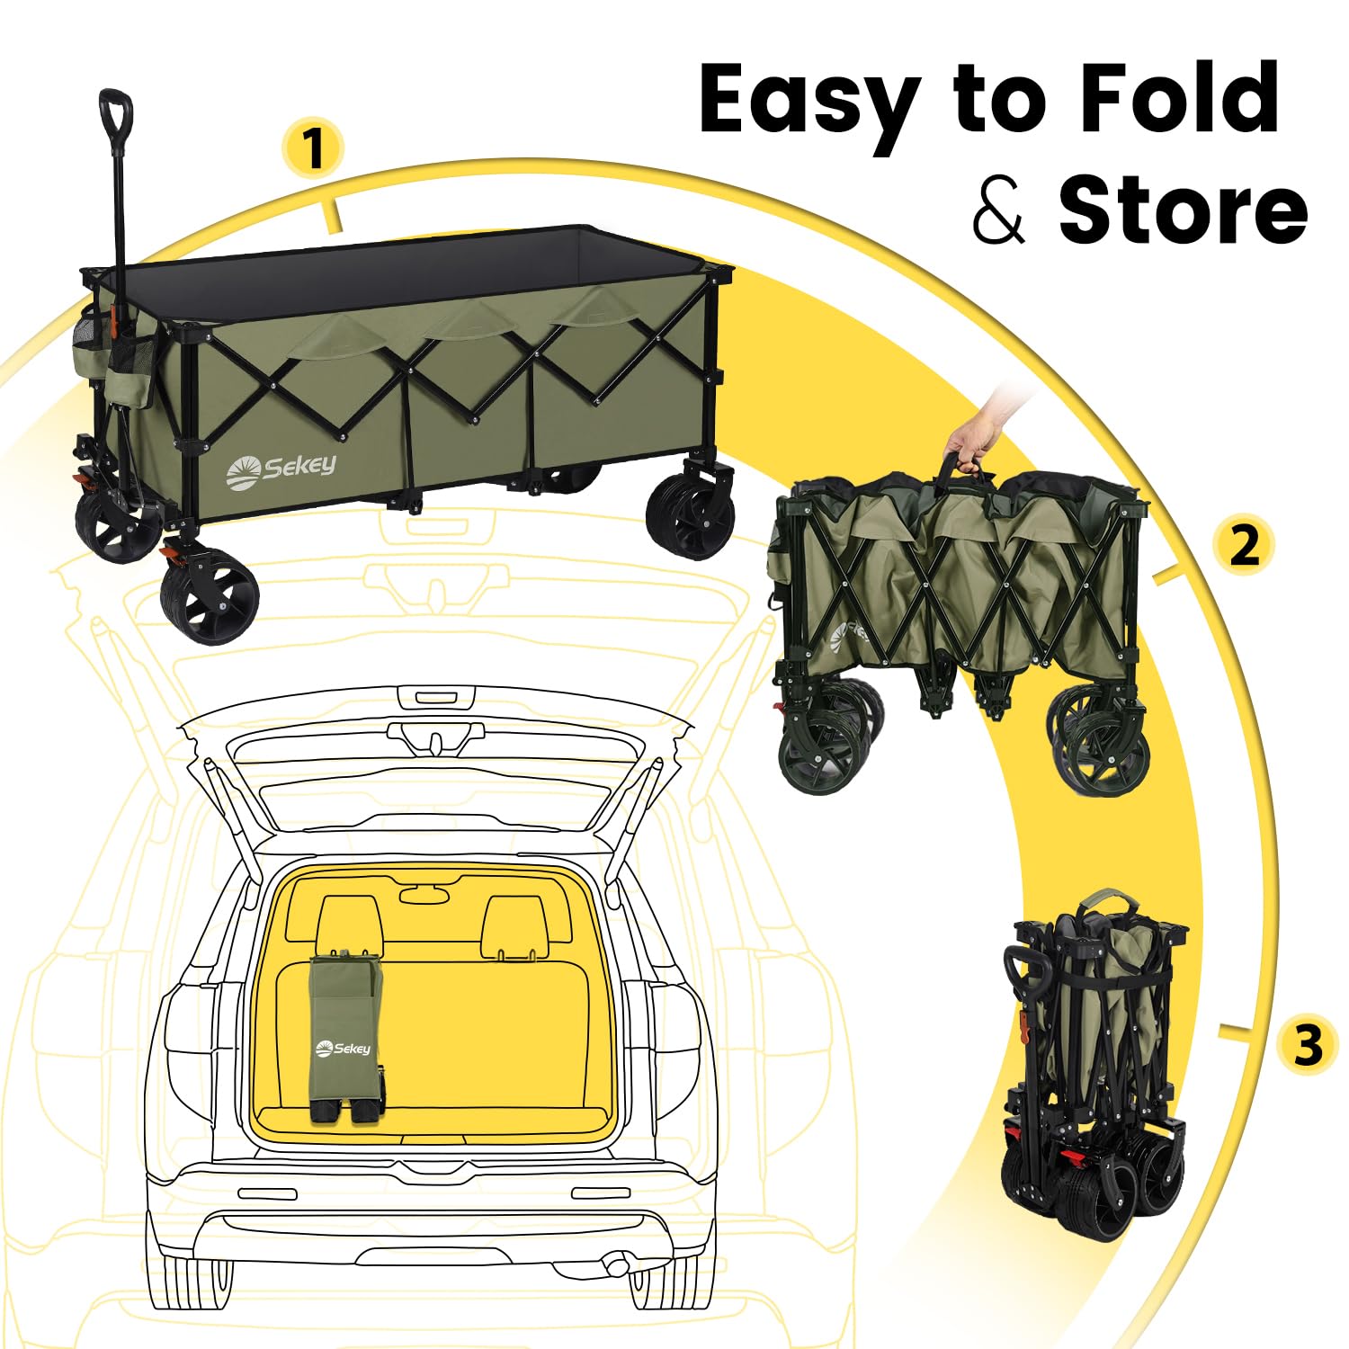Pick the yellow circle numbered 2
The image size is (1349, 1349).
[x=1244, y=545]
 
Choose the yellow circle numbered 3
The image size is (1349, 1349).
[x=1309, y=1046]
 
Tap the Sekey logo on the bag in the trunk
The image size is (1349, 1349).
[x=344, y=1048]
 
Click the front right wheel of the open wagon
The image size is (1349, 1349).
[x=690, y=515]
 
